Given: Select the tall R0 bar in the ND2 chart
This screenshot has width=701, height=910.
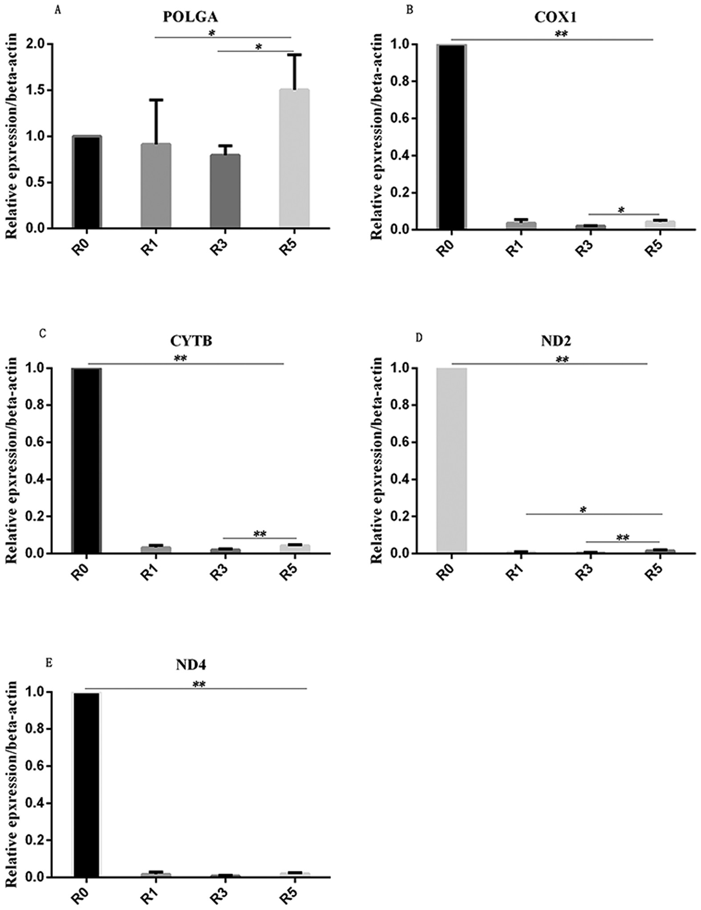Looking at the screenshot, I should [451, 461].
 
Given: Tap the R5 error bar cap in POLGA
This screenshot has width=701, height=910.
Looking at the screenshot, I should [294, 55].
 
